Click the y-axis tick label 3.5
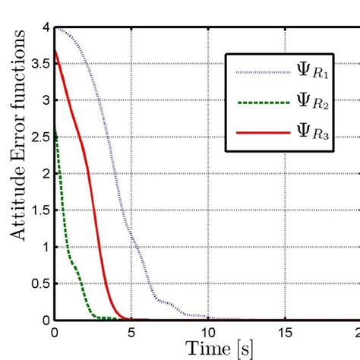[40, 64]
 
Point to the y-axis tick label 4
[46, 27]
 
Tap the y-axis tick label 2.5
[40, 137]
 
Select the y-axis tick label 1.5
[40, 210]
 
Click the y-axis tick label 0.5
[40, 283]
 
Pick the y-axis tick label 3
[46, 100]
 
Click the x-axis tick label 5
[131, 332]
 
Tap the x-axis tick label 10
[208, 332]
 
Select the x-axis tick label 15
[285, 332]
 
